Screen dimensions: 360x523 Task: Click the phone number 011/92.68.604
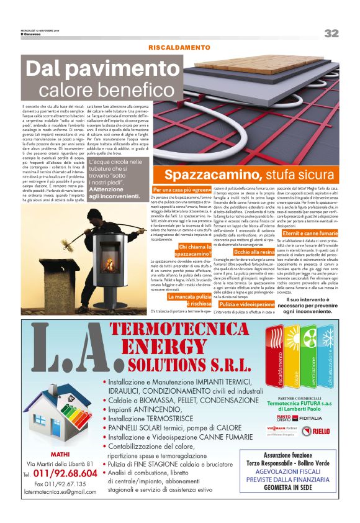65,474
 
